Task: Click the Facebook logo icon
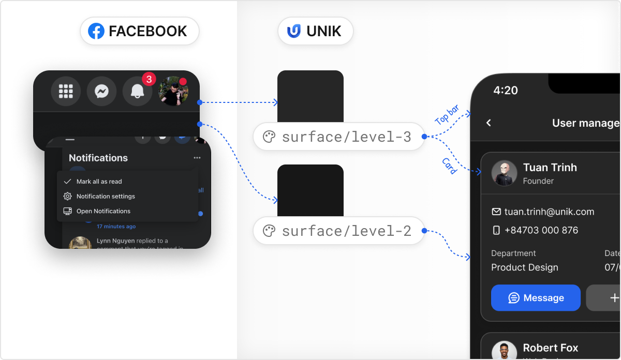click(x=96, y=31)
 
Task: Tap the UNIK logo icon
click(x=294, y=31)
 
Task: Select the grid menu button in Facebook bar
click(x=66, y=92)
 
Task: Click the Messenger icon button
click(x=101, y=92)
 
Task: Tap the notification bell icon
click(x=137, y=92)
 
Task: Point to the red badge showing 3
click(x=149, y=79)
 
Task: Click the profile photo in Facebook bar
click(x=173, y=92)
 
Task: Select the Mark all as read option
click(x=99, y=182)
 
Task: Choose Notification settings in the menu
click(x=106, y=197)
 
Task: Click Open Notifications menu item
click(x=103, y=211)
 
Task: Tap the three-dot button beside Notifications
click(x=197, y=158)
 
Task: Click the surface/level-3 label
click(x=338, y=137)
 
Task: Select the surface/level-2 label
click(x=338, y=231)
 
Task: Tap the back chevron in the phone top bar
click(x=489, y=123)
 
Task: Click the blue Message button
click(x=536, y=298)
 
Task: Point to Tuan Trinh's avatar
click(x=504, y=173)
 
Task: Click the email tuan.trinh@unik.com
click(x=549, y=212)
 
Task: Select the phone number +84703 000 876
click(x=541, y=230)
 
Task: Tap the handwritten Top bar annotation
click(x=447, y=115)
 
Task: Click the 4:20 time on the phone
click(x=506, y=91)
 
